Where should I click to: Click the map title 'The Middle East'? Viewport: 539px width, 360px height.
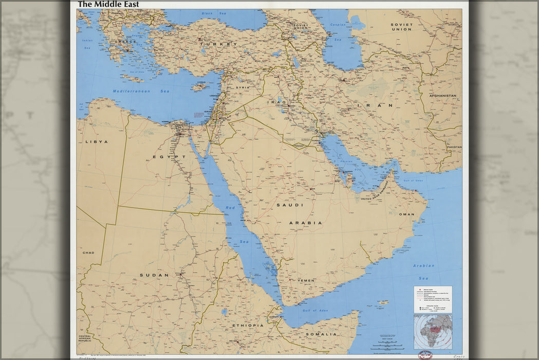click(x=108, y=5)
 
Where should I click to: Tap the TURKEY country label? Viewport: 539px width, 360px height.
click(x=218, y=44)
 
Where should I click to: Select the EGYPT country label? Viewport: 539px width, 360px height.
click(x=169, y=156)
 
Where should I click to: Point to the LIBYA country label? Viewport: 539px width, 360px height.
click(x=97, y=141)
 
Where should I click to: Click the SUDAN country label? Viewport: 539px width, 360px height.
click(x=154, y=275)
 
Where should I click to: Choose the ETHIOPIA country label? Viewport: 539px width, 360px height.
click(x=248, y=325)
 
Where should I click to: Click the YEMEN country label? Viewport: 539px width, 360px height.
click(x=306, y=280)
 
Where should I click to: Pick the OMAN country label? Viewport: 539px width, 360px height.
click(x=406, y=214)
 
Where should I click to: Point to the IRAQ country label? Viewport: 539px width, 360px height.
click(x=275, y=102)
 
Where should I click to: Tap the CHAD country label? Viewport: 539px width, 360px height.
click(x=88, y=253)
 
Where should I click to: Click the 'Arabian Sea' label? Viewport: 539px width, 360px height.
click(x=423, y=266)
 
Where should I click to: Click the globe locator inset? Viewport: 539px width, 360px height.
click(x=433, y=332)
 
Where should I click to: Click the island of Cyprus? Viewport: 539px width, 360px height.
click(x=199, y=86)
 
